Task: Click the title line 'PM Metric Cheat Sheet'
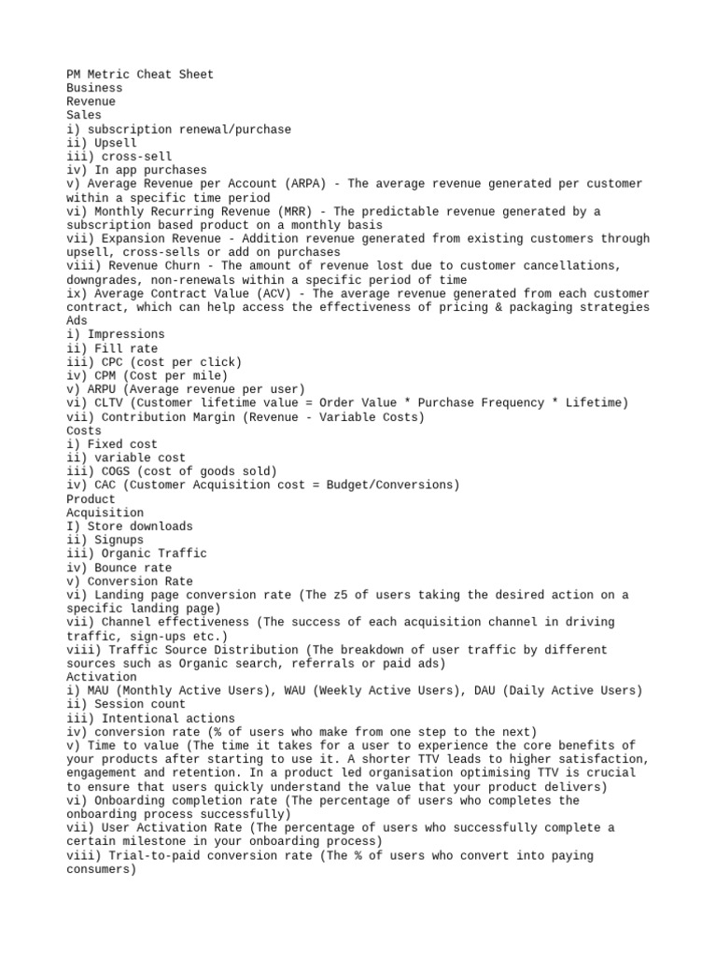[x=140, y=75]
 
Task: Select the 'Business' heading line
[x=94, y=88]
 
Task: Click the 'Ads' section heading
[x=77, y=320]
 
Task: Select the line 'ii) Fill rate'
[x=112, y=348]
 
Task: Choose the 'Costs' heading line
[x=84, y=430]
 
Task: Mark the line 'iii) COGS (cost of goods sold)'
[x=171, y=471]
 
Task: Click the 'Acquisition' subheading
[x=105, y=513]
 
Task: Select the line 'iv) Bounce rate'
[x=119, y=568]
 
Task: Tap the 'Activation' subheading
[x=101, y=677]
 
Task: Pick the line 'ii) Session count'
[x=126, y=705]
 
